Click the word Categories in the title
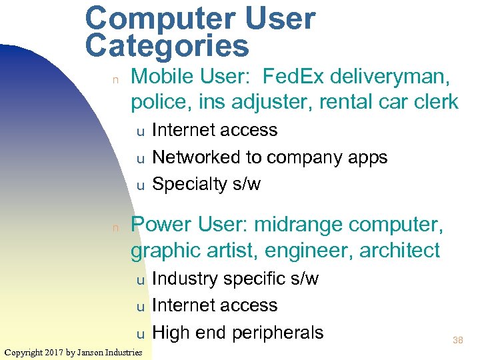pos(167,47)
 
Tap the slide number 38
pos(458,340)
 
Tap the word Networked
pos(200,157)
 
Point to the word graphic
pos(160,251)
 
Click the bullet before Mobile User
pos(115,80)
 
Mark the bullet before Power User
pos(115,228)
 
